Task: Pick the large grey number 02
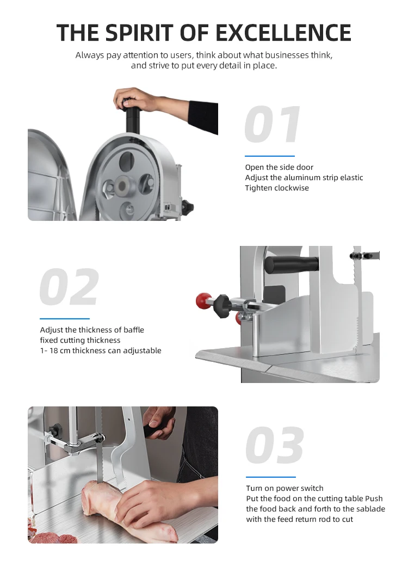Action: (70, 287)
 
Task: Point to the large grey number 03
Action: (275, 446)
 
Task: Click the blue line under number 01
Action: (269, 156)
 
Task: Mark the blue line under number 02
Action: (64, 318)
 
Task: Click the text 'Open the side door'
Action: (279, 167)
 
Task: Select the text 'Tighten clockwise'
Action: (276, 188)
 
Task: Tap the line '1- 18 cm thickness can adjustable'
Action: (101, 350)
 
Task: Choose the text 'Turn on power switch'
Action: (285, 488)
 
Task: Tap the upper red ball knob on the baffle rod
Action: (203, 300)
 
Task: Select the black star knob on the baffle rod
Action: (222, 302)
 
